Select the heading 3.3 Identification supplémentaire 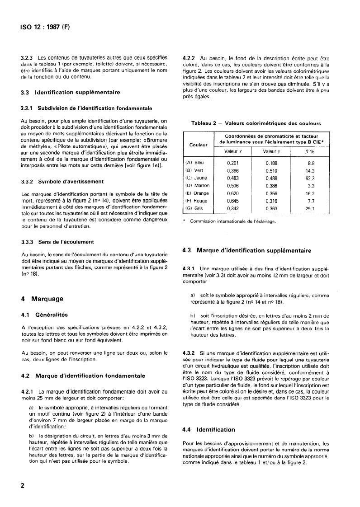[x=70, y=92]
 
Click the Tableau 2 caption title [x=256, y=122]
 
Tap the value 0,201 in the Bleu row [x=232, y=163]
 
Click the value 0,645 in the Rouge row [x=232, y=202]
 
